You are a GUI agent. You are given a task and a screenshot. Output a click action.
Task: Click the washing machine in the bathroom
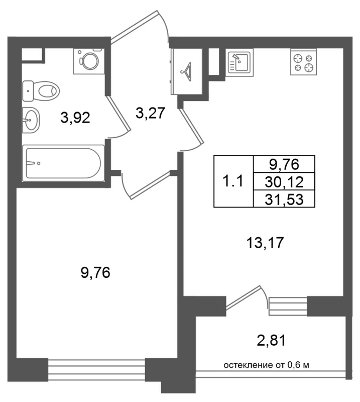pyautogui.click(x=89, y=61)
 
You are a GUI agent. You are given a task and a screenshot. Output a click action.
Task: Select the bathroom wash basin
pyautogui.click(x=31, y=120)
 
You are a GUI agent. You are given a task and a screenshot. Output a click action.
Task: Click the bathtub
pyautogui.click(x=64, y=163)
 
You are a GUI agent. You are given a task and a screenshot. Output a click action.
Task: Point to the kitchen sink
pyautogui.click(x=239, y=62)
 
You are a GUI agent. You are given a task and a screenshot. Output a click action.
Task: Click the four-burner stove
pyautogui.click(x=303, y=62)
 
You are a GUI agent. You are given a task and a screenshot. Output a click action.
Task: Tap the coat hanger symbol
pyautogui.click(x=187, y=72)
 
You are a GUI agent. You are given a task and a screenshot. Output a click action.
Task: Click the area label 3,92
pyautogui.click(x=75, y=118)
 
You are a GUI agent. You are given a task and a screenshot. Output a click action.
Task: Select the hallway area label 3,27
pyautogui.click(x=150, y=113)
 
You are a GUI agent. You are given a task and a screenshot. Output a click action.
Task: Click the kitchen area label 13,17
pyautogui.click(x=265, y=243)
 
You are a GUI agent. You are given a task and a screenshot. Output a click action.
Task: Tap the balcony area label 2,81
pyautogui.click(x=271, y=341)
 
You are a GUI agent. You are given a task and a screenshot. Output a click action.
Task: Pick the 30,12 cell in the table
pyautogui.click(x=284, y=182)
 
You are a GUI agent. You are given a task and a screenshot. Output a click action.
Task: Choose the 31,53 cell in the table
pyautogui.click(x=284, y=198)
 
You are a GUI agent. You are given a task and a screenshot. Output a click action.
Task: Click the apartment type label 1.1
pyautogui.click(x=233, y=181)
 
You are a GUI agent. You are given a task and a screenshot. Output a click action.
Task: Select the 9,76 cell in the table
pyautogui.click(x=284, y=164)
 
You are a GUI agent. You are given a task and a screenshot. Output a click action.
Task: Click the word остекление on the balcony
pyautogui.click(x=246, y=365)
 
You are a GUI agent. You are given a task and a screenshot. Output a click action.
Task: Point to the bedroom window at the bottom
pyautogui.click(x=96, y=370)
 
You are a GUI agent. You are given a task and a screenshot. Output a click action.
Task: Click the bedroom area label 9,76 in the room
pyautogui.click(x=95, y=272)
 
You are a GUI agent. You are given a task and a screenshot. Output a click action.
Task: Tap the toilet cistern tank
pyautogui.click(x=28, y=91)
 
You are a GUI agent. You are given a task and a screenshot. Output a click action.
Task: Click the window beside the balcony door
pyautogui.click(x=288, y=307)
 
